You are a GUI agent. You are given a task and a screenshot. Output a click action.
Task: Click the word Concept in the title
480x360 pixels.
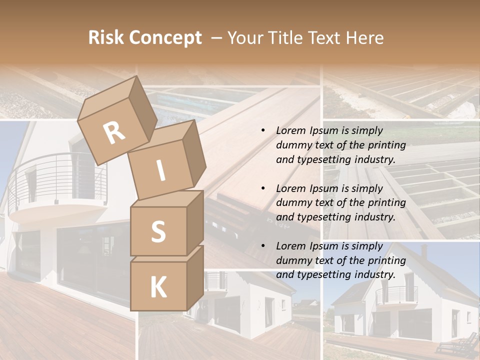click(165, 38)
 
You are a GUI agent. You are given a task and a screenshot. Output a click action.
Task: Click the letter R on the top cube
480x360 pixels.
click(114, 132)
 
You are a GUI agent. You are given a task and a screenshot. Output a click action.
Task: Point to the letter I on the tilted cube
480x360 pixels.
click(161, 170)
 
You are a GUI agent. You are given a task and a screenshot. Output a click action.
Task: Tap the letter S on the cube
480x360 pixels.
click(158, 231)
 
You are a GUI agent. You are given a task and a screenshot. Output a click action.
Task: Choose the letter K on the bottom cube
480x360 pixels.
click(158, 287)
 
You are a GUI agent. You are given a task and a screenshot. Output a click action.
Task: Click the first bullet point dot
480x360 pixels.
click(263, 131)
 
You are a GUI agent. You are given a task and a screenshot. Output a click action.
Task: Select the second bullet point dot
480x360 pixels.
click(263, 188)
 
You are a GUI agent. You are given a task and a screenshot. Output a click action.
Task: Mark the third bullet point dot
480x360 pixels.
click(263, 246)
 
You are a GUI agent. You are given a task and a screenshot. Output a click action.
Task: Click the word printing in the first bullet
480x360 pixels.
click(387, 145)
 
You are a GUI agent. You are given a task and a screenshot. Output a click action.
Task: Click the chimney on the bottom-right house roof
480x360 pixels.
click(424, 250)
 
